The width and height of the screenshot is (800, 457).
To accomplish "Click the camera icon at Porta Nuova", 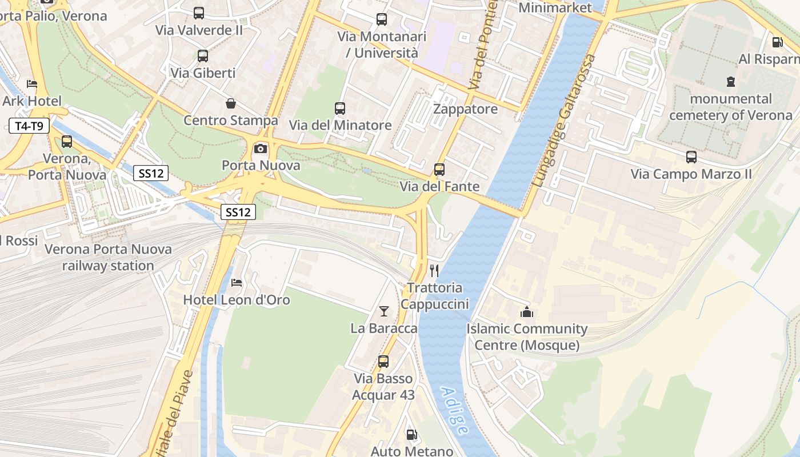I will [261, 149].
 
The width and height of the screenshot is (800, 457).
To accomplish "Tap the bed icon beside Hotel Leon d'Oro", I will [237, 283].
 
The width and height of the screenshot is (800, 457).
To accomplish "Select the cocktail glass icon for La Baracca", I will [384, 311].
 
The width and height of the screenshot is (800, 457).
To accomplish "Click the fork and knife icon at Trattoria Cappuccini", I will [435, 270].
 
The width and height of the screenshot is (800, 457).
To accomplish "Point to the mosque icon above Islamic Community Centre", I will [526, 312].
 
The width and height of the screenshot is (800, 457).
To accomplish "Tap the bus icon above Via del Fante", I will [439, 170].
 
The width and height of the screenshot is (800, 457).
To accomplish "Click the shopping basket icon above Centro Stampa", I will [231, 103].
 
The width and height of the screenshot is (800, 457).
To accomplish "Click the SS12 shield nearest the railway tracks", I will [238, 212].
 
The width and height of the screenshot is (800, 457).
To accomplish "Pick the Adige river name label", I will [455, 411].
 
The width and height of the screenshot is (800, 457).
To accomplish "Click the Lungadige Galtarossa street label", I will [564, 121].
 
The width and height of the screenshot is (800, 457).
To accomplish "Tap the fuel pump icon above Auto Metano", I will [411, 435].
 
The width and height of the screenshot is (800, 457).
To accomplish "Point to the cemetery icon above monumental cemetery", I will [731, 82].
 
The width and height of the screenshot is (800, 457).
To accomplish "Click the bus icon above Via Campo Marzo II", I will [691, 157].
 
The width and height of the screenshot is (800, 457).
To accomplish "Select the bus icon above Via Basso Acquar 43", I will [383, 362].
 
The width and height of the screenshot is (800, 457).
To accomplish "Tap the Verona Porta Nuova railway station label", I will [108, 258].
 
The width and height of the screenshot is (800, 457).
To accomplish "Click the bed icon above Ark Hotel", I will [32, 84].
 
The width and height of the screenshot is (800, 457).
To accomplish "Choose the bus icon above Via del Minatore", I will [340, 109].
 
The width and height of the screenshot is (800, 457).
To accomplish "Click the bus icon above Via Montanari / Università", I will [382, 19].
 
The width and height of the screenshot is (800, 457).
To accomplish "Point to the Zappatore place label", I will [465, 109].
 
